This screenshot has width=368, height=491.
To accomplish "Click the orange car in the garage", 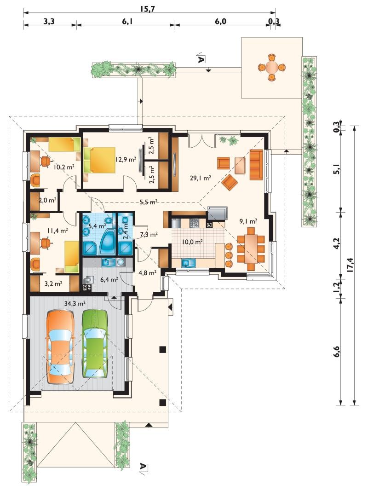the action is (x=60, y=347).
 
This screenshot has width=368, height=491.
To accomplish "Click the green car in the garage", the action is (x=94, y=343).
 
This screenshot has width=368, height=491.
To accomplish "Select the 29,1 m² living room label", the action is (x=200, y=178).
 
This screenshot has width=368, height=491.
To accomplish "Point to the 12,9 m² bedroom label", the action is (x=126, y=159).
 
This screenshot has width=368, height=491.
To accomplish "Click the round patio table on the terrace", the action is (x=271, y=67).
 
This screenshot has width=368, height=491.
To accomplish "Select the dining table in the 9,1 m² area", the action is (x=251, y=248).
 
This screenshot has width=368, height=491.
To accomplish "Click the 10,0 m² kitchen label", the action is (x=192, y=242).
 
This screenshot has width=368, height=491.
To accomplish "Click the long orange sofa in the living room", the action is (x=256, y=165).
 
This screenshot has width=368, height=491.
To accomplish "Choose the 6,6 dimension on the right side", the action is (x=336, y=352).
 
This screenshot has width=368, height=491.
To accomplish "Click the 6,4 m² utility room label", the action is (x=109, y=279).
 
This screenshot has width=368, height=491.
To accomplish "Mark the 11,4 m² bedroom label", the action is (x=57, y=231).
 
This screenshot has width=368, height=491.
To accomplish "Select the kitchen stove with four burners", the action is (x=194, y=223).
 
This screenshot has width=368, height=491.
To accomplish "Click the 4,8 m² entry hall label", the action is (x=147, y=273).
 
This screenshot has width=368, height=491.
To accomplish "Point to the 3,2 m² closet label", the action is (x=53, y=284).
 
